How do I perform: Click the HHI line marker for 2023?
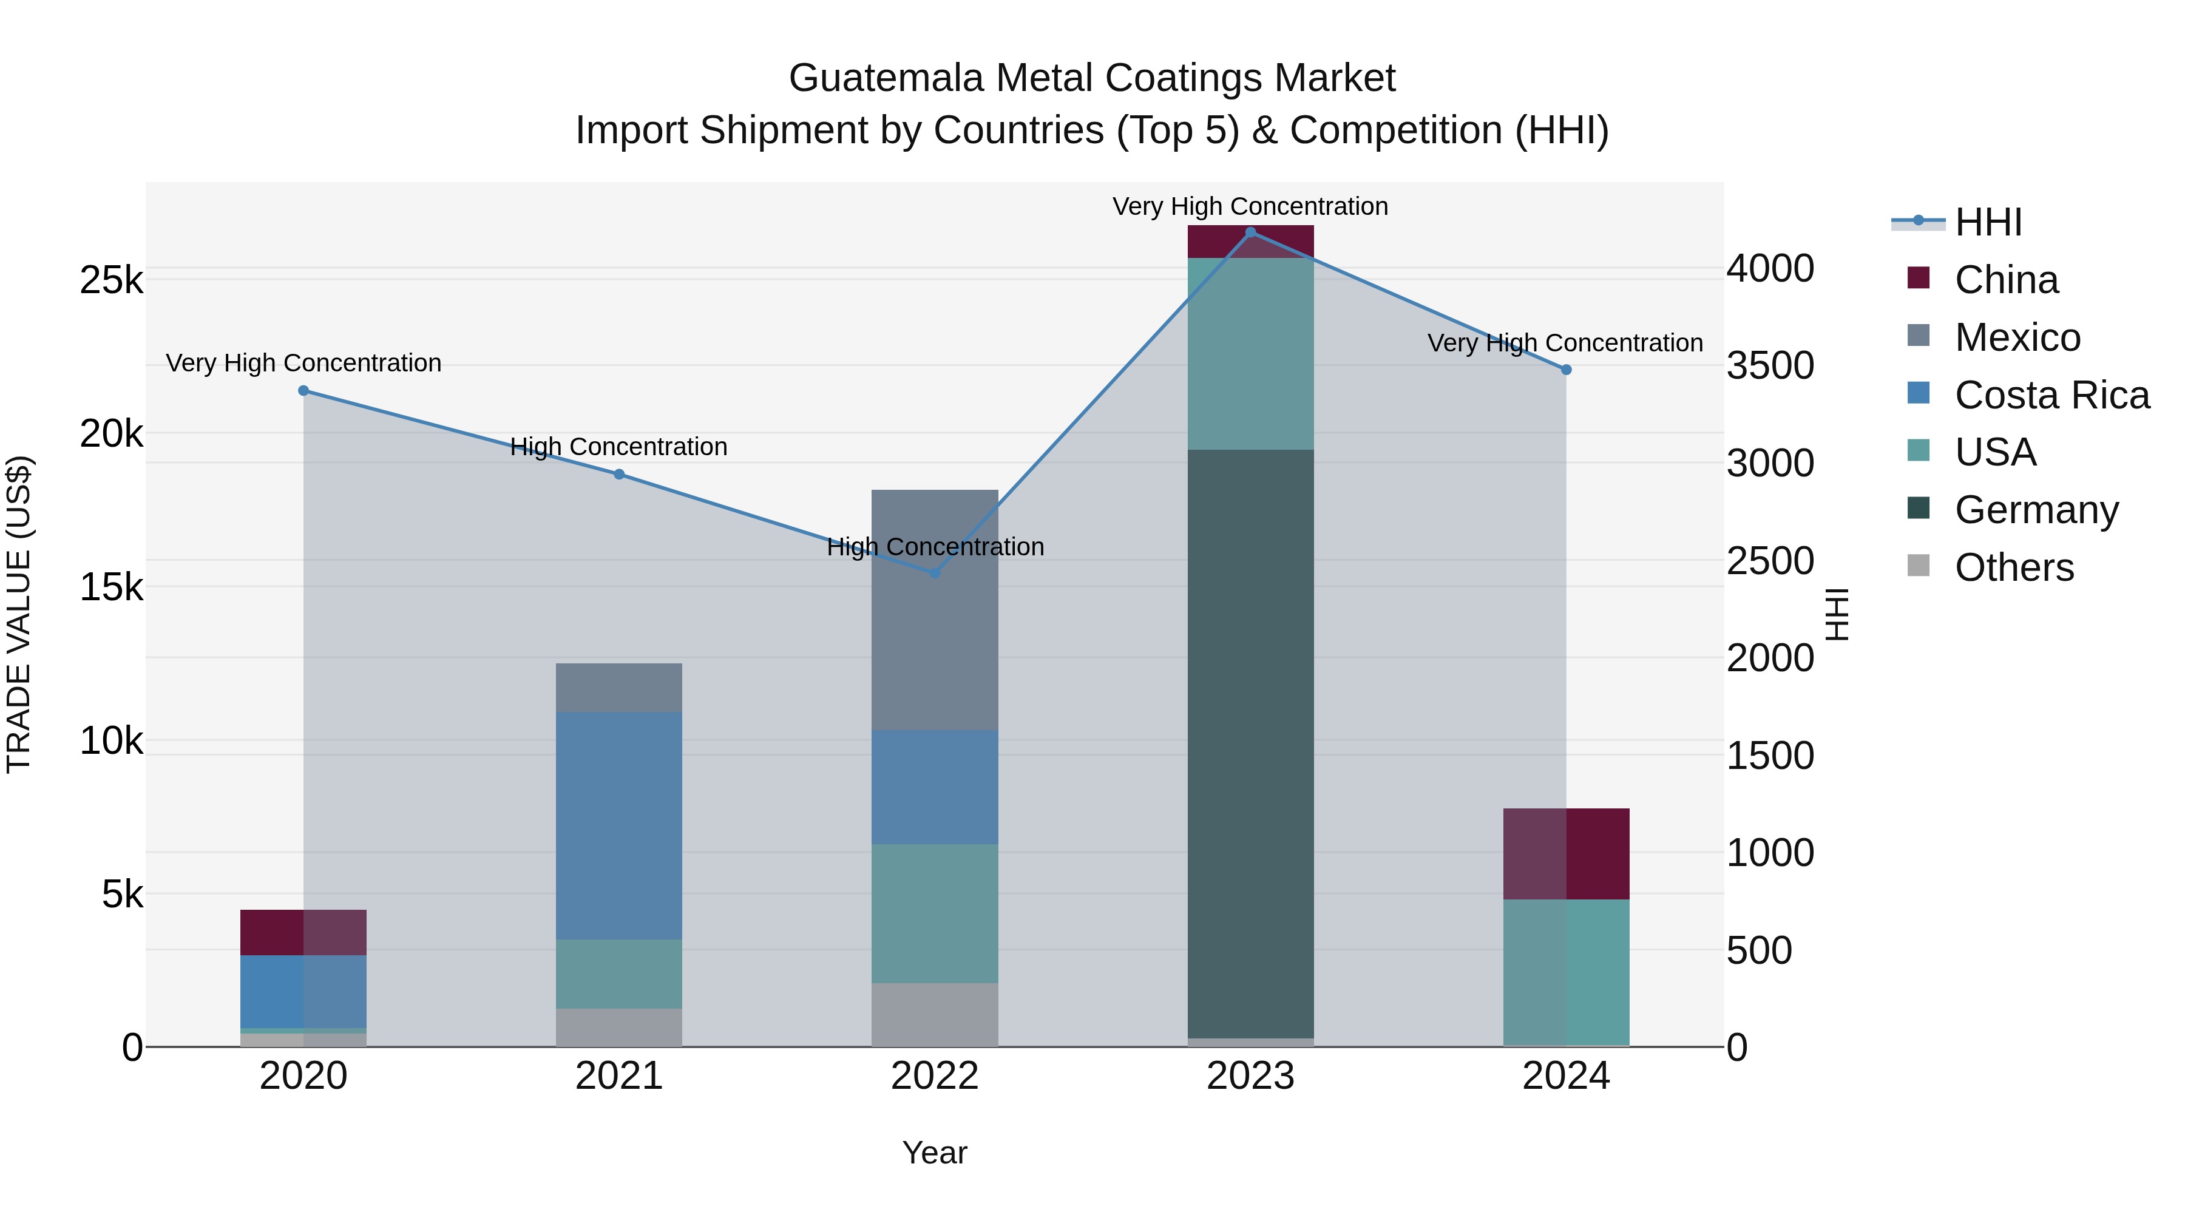point(1250,232)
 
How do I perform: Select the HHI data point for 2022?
point(935,574)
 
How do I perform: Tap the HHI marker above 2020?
point(303,391)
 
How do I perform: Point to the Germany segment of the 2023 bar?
point(1250,744)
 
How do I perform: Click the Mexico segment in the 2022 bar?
point(935,610)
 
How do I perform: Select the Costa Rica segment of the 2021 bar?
point(619,825)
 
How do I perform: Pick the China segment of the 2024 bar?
point(1566,854)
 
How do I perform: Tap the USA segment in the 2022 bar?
point(935,913)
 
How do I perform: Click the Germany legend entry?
point(2036,510)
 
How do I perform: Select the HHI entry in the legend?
point(1987,222)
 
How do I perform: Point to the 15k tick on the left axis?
point(111,587)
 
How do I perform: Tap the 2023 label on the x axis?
point(1250,1076)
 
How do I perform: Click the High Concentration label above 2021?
point(618,447)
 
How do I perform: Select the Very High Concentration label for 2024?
point(1565,344)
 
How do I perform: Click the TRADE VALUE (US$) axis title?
point(19,614)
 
